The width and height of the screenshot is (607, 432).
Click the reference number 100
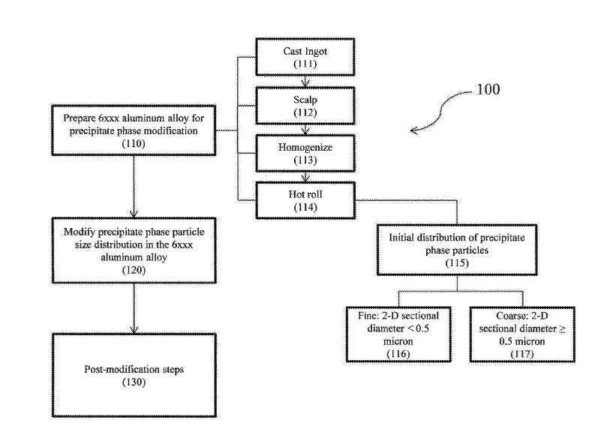[x=488, y=89]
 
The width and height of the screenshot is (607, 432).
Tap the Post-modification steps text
[x=133, y=370]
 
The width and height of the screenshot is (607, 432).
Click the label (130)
[x=133, y=382]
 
